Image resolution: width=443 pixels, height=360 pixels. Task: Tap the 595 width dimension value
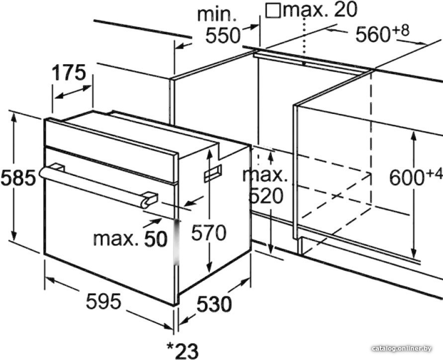(104, 301)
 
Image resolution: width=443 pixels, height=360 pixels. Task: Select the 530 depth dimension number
(214, 304)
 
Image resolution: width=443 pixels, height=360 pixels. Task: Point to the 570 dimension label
(209, 233)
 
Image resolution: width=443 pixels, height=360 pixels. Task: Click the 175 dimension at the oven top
(69, 73)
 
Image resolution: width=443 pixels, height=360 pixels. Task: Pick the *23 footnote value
(182, 351)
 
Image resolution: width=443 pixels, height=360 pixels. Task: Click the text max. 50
(130, 239)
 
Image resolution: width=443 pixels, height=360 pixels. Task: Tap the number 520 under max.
(266, 196)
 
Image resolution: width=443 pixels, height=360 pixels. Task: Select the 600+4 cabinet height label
(416, 176)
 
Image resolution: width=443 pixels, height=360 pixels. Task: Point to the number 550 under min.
(223, 35)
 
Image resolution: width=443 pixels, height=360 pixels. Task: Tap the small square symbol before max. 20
(273, 10)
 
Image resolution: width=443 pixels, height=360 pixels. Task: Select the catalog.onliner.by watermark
(402, 349)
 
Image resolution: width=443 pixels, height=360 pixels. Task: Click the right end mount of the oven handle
(149, 198)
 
